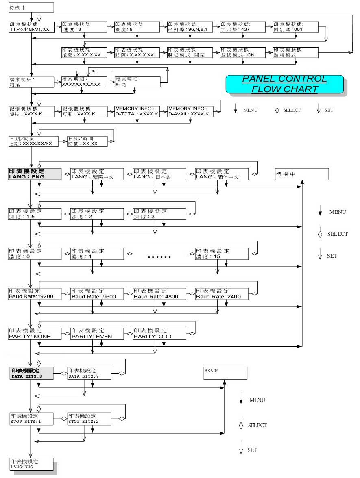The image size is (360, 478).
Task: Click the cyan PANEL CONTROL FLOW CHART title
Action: click(x=284, y=84)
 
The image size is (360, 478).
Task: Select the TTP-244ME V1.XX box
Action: click(x=31, y=27)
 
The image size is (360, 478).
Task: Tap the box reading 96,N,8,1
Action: click(x=190, y=27)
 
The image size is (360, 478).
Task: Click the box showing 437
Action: click(x=243, y=27)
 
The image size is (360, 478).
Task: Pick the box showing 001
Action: click(x=296, y=27)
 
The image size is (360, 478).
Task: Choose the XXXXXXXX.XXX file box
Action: click(x=84, y=81)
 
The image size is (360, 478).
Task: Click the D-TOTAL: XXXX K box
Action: click(x=137, y=111)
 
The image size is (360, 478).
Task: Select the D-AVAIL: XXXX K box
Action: click(x=190, y=111)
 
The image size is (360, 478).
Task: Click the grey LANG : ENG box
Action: click(x=35, y=174)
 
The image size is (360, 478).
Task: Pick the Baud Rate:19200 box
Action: click(x=35, y=293)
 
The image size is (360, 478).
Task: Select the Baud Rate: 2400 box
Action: click(x=221, y=293)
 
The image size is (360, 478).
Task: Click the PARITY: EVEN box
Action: click(x=97, y=333)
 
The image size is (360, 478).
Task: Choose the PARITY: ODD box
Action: click(x=159, y=333)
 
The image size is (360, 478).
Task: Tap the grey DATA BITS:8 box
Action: click(x=31, y=373)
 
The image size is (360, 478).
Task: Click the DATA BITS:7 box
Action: click(x=88, y=373)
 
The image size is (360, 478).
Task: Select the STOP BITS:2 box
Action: click(x=88, y=418)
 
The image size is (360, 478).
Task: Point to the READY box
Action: click(x=225, y=373)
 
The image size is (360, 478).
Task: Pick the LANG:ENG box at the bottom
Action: click(x=31, y=464)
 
